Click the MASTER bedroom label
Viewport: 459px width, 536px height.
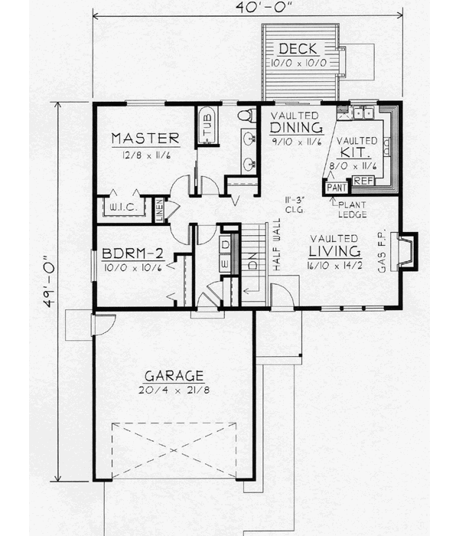click(145, 139)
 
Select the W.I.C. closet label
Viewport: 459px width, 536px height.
click(124, 208)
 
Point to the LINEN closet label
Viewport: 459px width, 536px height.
click(160, 210)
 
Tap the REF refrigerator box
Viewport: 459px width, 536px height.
click(363, 181)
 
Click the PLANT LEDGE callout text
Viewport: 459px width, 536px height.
click(353, 208)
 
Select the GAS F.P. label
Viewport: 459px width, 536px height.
click(382, 250)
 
